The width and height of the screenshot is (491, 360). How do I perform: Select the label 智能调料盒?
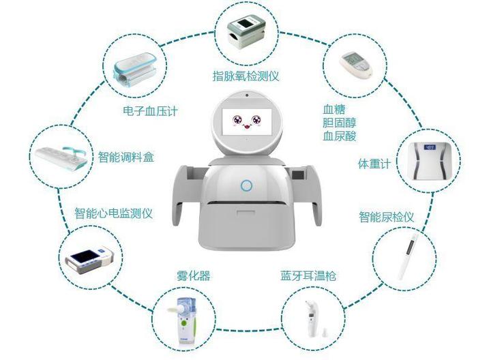(x=126, y=157)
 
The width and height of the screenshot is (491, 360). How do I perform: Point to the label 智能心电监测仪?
(x=113, y=213)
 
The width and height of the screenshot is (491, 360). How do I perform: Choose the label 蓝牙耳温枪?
(x=308, y=276)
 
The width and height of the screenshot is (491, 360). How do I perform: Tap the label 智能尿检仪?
(x=387, y=217)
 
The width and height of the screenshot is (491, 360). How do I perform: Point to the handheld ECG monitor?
(x=89, y=260)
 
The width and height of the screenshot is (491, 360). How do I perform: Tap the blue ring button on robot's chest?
(x=246, y=185)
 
